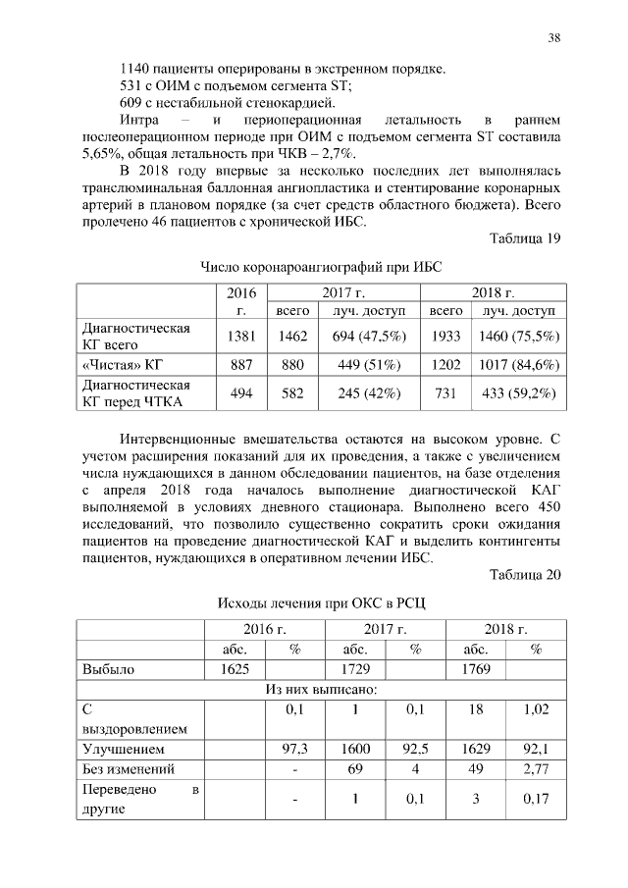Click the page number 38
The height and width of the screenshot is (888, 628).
click(554, 38)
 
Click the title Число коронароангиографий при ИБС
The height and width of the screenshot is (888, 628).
click(314, 267)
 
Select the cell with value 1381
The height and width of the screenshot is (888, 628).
click(240, 337)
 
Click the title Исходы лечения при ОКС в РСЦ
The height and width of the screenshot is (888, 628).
click(314, 601)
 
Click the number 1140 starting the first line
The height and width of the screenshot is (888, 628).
click(134, 69)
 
